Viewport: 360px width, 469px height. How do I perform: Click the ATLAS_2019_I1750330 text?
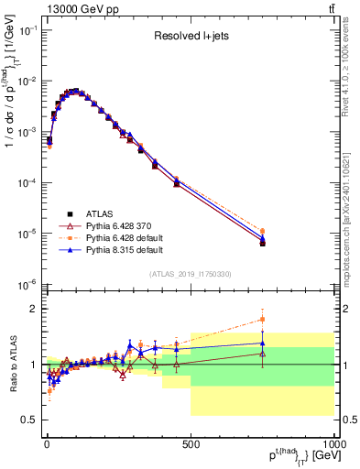click(x=190, y=273)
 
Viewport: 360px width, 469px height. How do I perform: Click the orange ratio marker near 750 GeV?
click(x=262, y=320)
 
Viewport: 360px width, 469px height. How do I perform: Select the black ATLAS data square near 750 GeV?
click(x=262, y=244)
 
